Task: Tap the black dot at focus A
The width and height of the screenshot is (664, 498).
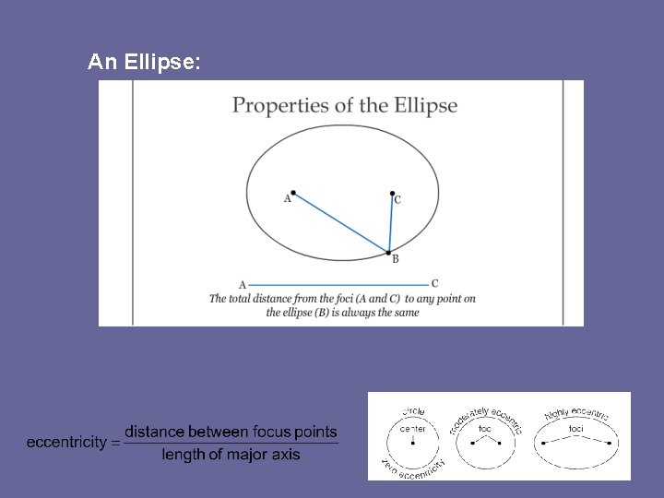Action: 293,193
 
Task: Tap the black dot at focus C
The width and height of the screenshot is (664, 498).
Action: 392,195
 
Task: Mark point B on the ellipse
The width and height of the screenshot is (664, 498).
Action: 389,252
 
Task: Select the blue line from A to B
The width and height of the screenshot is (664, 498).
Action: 340,222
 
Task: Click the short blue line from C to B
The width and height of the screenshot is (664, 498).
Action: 391,223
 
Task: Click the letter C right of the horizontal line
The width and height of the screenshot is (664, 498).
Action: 434,284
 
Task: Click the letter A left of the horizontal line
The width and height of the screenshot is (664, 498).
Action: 242,286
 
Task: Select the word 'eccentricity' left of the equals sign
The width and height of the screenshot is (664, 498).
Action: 66,443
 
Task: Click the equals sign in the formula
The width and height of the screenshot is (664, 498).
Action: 115,443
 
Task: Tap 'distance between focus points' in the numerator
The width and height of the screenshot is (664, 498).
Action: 231,432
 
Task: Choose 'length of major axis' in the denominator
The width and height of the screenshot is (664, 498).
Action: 231,454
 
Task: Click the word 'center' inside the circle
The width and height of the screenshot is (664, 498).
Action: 412,429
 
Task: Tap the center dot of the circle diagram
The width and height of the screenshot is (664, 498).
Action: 412,444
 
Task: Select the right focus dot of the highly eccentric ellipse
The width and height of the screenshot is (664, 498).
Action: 609,444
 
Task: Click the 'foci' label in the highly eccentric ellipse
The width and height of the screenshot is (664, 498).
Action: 576,429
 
